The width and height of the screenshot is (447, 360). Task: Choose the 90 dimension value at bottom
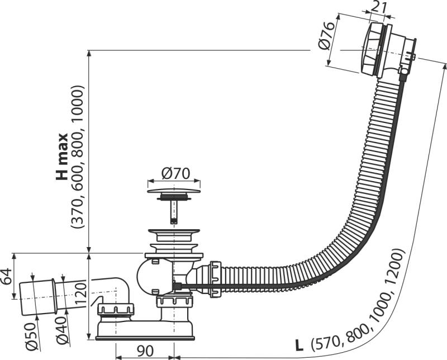144,351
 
